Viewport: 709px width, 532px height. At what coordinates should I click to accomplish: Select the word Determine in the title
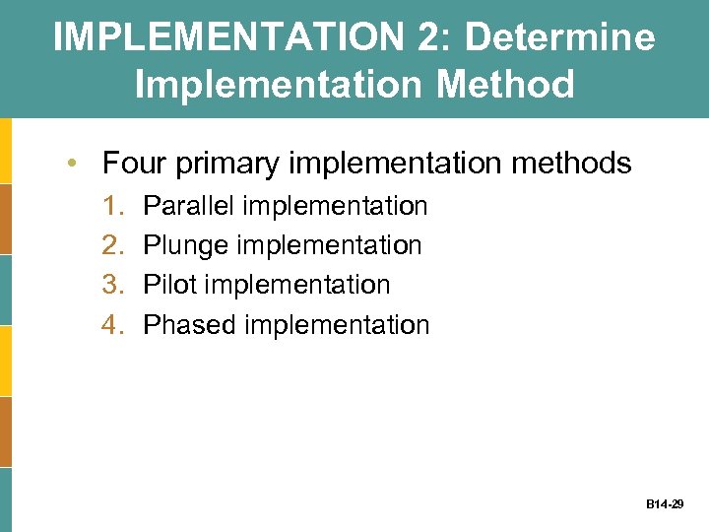pos(559,37)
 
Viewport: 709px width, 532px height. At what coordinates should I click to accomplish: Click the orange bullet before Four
pos(75,163)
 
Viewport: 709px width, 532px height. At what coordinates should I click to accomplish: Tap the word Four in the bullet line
pos(135,163)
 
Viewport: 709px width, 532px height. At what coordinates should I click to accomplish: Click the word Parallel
pos(189,206)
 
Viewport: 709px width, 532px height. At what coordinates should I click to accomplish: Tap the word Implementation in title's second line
pos(280,84)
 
